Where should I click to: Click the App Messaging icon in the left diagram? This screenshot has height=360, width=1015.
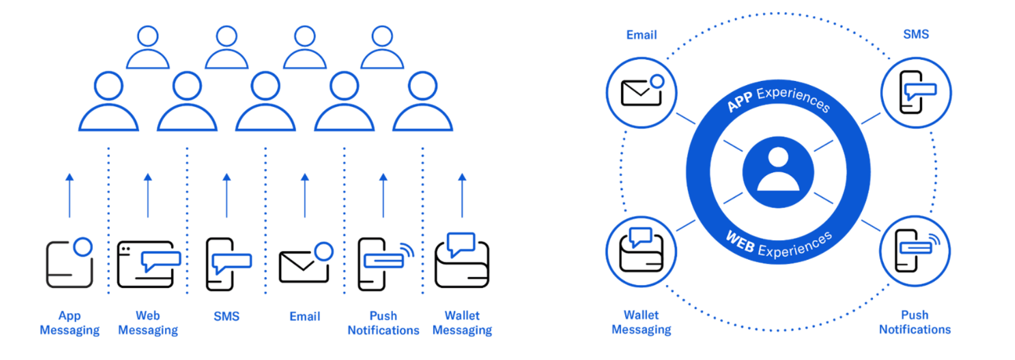point(70,264)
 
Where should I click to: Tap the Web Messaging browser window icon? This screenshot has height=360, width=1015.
point(148,265)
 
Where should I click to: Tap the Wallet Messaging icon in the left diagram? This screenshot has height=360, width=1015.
point(462,262)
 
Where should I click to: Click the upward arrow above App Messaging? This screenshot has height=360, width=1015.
point(70,196)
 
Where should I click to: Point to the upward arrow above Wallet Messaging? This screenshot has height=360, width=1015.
point(462,196)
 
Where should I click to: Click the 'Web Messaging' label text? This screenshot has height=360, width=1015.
point(148,323)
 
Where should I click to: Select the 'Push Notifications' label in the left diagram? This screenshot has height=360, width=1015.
point(383,323)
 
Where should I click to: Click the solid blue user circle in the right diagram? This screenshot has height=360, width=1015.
point(778,172)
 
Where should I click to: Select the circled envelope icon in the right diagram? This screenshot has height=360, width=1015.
point(641,92)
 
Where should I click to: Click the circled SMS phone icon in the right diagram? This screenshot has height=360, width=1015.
point(915,92)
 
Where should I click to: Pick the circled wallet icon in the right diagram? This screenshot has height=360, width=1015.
point(641,251)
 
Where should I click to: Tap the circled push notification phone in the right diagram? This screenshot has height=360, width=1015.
point(915,251)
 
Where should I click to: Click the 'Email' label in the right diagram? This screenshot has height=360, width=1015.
point(641,35)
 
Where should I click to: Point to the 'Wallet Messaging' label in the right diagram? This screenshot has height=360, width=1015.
point(641,322)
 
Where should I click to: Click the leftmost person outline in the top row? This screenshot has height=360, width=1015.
point(148,47)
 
